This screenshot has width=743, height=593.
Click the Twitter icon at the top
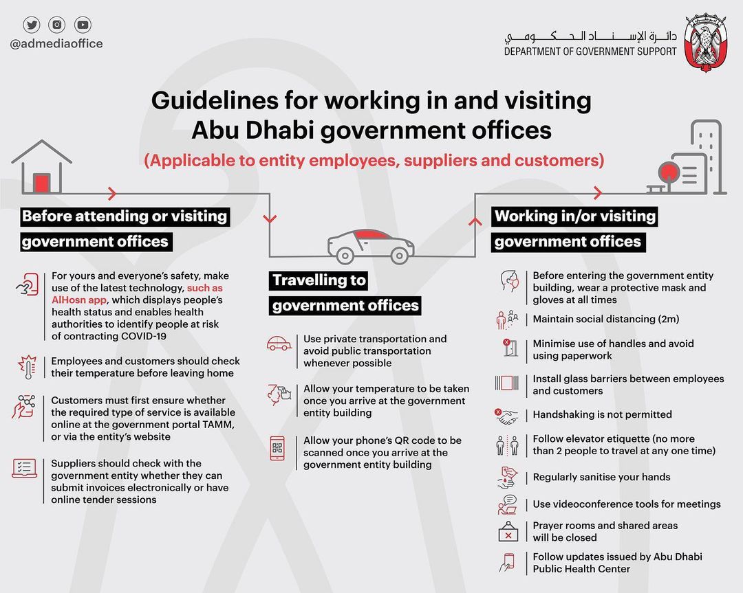point(32,25)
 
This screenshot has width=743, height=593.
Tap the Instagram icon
point(57,25)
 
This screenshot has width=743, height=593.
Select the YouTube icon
point(83,25)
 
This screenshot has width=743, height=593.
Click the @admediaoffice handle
point(56,44)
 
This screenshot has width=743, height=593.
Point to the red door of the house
point(42,182)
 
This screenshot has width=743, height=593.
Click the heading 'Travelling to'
point(319,280)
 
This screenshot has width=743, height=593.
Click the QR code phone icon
point(277,447)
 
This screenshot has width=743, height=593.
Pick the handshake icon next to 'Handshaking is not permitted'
point(508,415)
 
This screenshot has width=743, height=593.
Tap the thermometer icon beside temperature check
point(26,367)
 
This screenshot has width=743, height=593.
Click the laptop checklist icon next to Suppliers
point(25,469)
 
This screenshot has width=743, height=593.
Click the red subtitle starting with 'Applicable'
point(374,161)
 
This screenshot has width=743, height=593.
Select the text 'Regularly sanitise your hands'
point(601,477)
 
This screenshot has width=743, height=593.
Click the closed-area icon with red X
point(508,531)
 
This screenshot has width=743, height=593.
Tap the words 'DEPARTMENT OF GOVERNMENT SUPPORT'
point(590,52)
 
